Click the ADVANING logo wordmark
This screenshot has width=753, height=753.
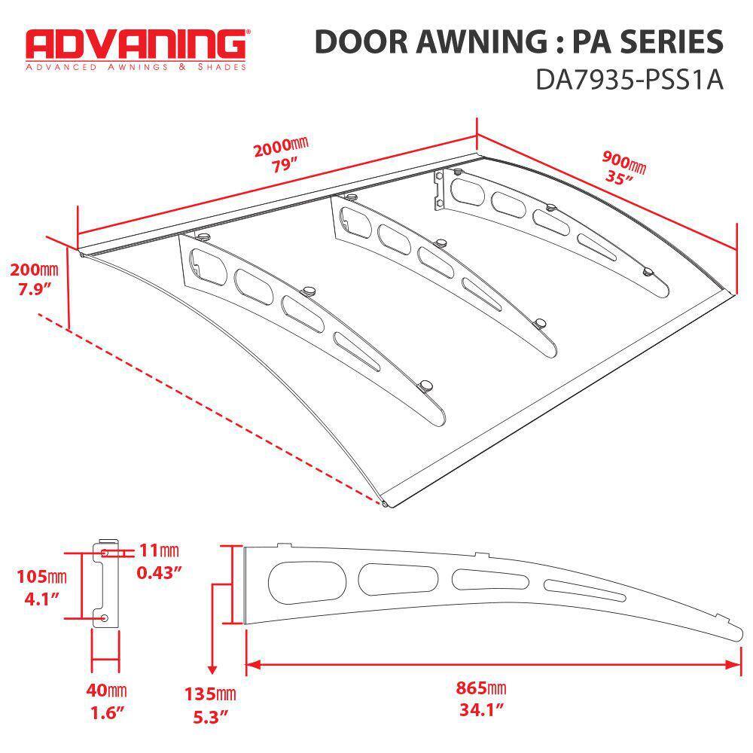pyautogui.click(x=136, y=44)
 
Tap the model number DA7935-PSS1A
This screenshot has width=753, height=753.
pyautogui.click(x=629, y=80)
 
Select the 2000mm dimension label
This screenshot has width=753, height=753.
pyautogui.click(x=282, y=147)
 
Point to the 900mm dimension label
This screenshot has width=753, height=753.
pyautogui.click(x=623, y=161)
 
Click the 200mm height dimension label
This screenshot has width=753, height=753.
pyautogui.click(x=34, y=270)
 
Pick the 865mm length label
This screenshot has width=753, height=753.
pyautogui.click(x=480, y=687)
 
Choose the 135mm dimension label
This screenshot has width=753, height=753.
pyautogui.click(x=210, y=694)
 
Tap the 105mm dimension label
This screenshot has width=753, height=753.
pyautogui.click(x=41, y=576)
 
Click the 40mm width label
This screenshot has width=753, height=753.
pyautogui.click(x=106, y=690)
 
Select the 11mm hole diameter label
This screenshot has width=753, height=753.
pyautogui.click(x=159, y=550)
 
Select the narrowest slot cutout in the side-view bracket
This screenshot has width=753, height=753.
pyautogui.click(x=585, y=590)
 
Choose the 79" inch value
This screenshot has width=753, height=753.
pyautogui.click(x=284, y=166)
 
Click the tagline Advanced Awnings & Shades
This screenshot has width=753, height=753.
pyautogui.click(x=136, y=67)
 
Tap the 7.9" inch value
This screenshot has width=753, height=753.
pyautogui.click(x=34, y=290)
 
